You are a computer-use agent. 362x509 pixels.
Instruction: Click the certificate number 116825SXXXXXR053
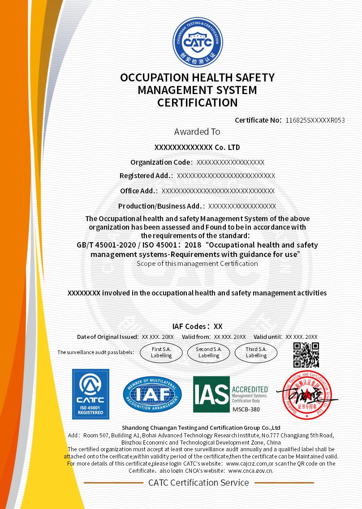(315, 120)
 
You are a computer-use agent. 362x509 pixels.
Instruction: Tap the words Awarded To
(197, 132)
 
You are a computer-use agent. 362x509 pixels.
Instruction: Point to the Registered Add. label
(146, 176)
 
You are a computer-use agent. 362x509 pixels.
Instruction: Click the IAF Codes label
(190, 326)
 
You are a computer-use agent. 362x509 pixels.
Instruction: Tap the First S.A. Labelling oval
(161, 352)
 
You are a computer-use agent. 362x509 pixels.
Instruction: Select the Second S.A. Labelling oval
(209, 352)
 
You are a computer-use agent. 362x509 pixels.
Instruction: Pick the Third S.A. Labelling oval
(256, 352)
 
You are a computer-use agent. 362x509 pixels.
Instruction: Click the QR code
(306, 355)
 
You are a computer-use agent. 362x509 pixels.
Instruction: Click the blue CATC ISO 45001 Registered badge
(91, 394)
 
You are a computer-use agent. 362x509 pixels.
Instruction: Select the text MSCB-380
(246, 409)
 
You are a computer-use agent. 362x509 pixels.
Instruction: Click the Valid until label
(268, 337)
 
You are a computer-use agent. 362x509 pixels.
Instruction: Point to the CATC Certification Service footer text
(198, 483)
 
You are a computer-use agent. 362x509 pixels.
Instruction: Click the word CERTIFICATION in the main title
(197, 103)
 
